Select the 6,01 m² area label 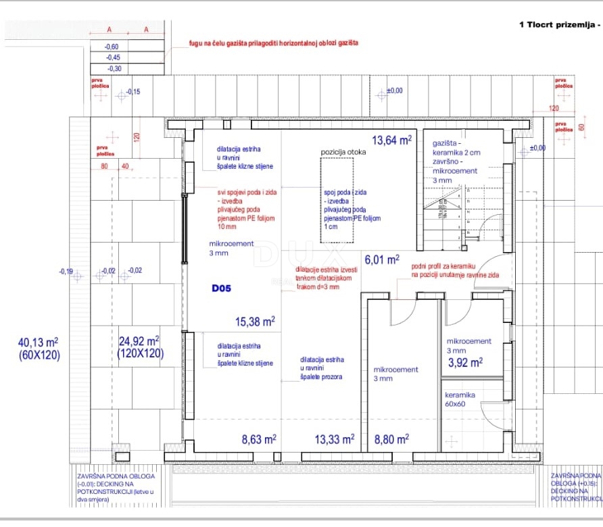[x=382, y=259]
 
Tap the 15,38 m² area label [x=254, y=322]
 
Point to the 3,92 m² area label [x=465, y=362]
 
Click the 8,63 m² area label [x=258, y=439]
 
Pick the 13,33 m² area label [x=334, y=439]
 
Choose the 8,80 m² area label [x=391, y=439]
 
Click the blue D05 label [x=221, y=288]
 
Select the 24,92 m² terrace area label [x=139, y=346]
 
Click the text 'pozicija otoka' [x=343, y=152]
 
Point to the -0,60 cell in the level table [x=112, y=46]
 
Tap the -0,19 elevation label [x=66, y=272]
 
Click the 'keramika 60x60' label [x=460, y=399]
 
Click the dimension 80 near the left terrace [x=105, y=166]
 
